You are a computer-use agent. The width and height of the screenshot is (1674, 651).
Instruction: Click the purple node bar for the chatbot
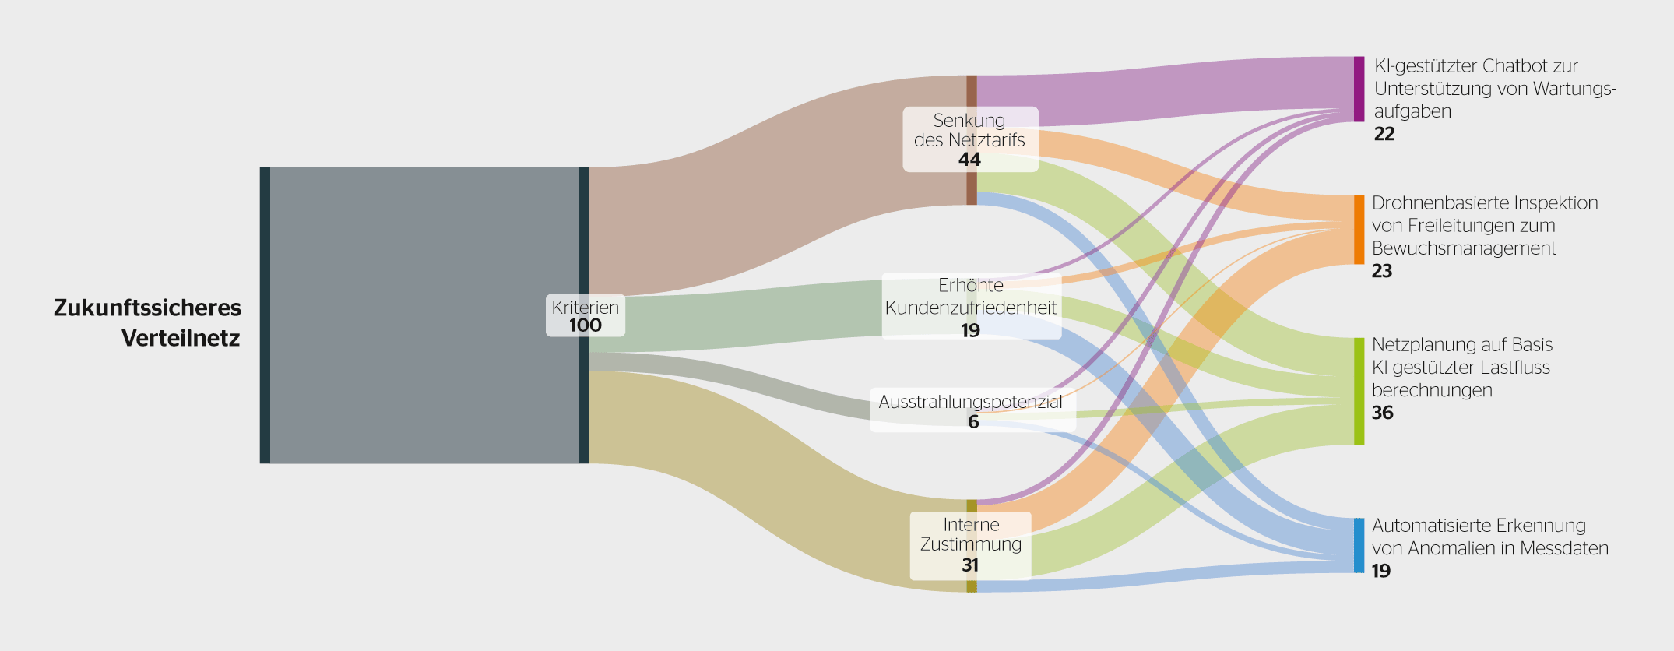click(x=1359, y=89)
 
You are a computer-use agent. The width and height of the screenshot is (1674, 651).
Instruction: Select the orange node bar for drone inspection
click(x=1359, y=230)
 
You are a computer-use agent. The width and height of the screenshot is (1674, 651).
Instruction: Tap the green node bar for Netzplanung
click(x=1359, y=391)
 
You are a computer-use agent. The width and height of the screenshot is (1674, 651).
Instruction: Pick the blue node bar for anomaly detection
click(x=1359, y=545)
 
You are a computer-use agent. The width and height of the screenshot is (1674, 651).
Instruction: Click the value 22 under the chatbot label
click(x=1384, y=134)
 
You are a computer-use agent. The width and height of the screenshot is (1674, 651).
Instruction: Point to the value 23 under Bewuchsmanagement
click(x=1382, y=271)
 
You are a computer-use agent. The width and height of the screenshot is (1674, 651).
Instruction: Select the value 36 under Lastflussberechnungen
click(x=1383, y=413)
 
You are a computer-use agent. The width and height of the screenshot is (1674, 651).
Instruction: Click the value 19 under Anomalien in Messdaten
click(x=1381, y=571)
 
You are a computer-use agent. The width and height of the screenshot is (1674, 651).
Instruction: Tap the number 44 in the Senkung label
click(x=969, y=160)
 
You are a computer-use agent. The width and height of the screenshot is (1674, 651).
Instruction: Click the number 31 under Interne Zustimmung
click(x=970, y=565)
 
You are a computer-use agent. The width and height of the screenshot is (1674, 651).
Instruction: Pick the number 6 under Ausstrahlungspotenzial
click(x=973, y=422)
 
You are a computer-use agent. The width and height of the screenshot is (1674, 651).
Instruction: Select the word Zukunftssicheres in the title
click(x=147, y=308)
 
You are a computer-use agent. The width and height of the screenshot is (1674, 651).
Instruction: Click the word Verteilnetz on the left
click(x=181, y=339)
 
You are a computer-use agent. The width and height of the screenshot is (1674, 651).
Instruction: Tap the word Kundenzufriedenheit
click(x=971, y=308)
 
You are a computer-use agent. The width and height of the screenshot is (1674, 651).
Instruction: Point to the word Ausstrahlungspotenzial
click(x=970, y=402)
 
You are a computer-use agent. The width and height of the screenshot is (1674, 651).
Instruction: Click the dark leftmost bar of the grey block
click(x=265, y=315)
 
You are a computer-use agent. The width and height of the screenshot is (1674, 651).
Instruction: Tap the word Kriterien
click(x=586, y=308)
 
